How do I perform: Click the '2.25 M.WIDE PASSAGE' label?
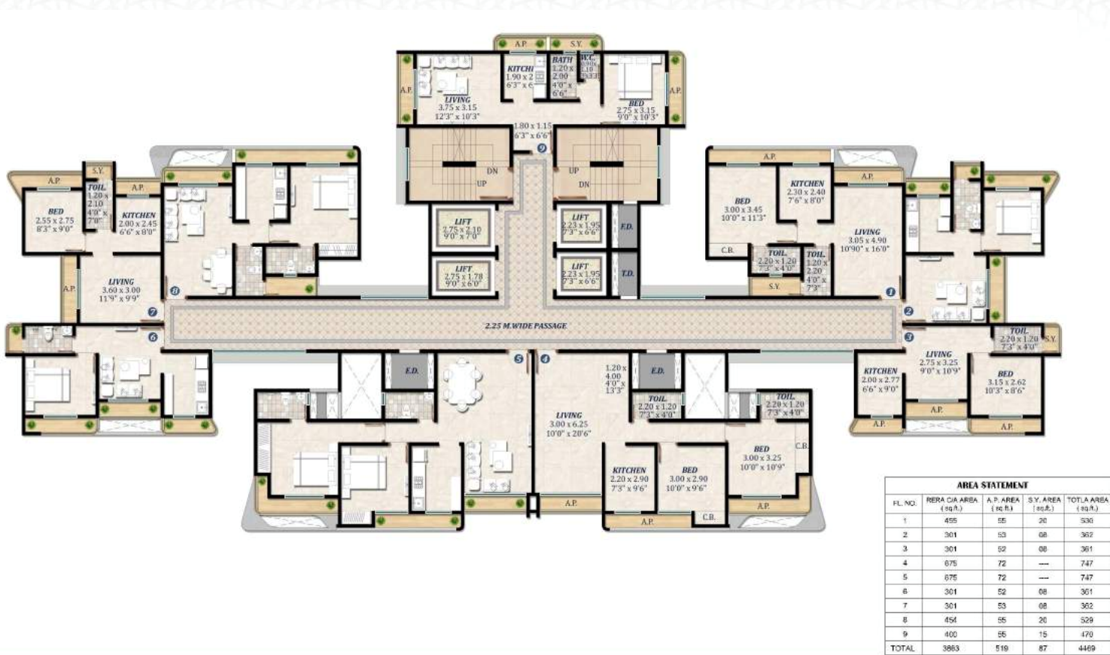[526, 326]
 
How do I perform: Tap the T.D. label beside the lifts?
[627, 273]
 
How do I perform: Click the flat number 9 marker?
[542, 149]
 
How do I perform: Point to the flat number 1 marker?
[890, 292]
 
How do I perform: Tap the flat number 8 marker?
[175, 291]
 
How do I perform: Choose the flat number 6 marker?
[153, 338]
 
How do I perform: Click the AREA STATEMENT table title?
[992, 486]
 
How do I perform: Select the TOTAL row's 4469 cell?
[1087, 647]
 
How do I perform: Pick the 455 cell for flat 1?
[950, 520]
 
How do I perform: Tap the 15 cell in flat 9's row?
[1043, 634]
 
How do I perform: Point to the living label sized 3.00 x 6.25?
[569, 424]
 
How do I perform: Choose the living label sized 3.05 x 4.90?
[867, 240]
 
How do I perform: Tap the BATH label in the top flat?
[561, 60]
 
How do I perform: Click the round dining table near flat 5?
[461, 382]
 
